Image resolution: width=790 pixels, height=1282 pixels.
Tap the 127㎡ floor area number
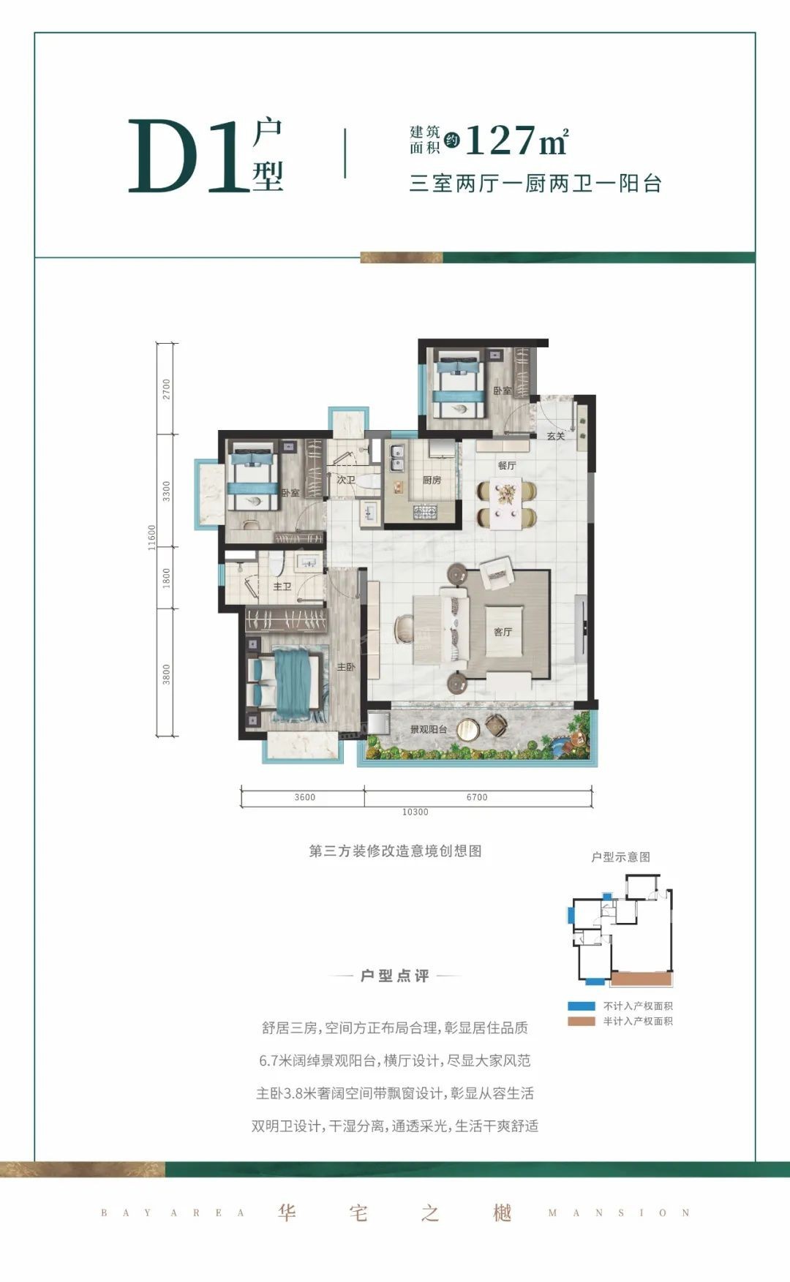(516, 140)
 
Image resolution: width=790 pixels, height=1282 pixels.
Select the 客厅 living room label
(503, 632)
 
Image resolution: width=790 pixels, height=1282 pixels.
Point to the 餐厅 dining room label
(507, 465)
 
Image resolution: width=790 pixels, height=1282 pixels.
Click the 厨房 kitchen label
(432, 480)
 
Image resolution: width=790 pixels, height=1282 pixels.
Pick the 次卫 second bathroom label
(346, 480)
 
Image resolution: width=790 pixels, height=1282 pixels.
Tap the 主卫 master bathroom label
(282, 587)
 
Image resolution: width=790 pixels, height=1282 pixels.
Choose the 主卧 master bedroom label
(346, 667)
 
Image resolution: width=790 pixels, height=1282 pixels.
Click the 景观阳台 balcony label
(428, 729)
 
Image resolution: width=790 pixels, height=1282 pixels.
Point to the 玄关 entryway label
(556, 436)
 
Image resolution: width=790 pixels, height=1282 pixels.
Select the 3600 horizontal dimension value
(305, 797)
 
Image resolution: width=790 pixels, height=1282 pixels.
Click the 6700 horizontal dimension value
(477, 797)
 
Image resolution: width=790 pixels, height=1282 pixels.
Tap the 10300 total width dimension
(415, 812)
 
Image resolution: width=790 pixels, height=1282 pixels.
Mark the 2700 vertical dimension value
(167, 389)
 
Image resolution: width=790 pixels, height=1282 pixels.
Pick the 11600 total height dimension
(152, 538)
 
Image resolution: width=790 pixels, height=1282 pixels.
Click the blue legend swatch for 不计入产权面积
(582, 1006)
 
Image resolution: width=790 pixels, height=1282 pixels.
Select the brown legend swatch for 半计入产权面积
(582, 1021)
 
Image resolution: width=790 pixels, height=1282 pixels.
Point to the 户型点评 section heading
(395, 976)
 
